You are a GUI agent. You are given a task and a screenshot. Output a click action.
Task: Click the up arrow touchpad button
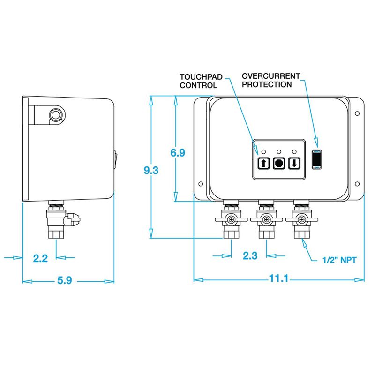point(264,164)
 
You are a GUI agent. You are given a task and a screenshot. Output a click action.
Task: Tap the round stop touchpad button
point(279,164)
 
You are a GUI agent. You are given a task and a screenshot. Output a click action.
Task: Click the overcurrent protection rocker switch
point(316,158)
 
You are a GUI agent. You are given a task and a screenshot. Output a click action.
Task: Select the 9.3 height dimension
point(151,171)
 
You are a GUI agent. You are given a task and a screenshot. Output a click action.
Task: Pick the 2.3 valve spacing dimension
point(249,255)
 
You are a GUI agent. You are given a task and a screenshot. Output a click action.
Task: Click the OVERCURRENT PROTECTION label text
point(268,80)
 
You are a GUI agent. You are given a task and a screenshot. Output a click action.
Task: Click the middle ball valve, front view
point(266,220)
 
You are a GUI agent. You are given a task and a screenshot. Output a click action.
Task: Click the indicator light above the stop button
point(279,151)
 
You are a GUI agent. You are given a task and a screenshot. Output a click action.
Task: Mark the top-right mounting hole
point(357,113)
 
